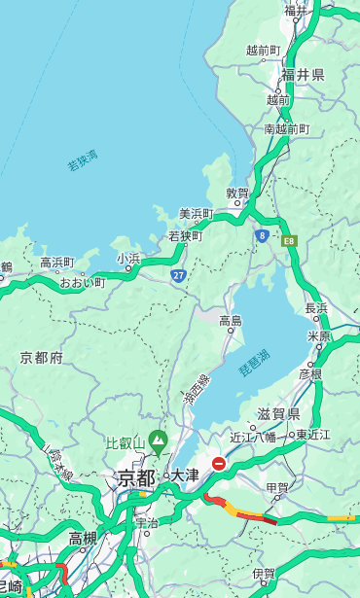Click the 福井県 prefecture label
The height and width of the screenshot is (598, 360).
click(303, 75)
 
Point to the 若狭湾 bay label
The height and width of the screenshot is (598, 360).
click(83, 160)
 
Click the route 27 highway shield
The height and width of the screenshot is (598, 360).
click(179, 276)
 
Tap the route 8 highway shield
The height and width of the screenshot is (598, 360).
click(262, 235)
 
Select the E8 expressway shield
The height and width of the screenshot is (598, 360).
click(289, 239)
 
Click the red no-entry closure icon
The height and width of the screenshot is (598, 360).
click(219, 465)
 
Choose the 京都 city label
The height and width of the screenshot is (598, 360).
click(136, 477)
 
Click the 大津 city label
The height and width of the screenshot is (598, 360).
click(184, 475)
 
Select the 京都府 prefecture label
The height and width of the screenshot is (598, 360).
click(42, 358)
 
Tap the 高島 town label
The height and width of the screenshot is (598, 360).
click(231, 320)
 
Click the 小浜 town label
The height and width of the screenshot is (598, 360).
click(128, 258)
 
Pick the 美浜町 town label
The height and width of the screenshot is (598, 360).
click(196, 213)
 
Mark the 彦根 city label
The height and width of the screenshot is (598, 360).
click(310, 373)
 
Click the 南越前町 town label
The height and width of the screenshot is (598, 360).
click(286, 128)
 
